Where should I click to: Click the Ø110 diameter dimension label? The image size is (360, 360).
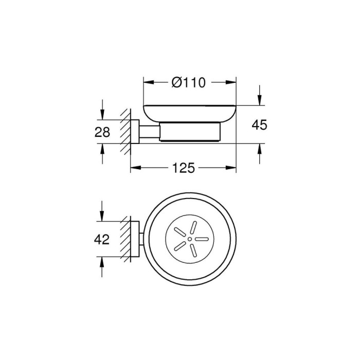coord(189,82)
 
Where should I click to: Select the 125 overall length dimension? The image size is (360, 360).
coord(183,168)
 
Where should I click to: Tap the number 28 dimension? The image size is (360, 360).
coord(103,132)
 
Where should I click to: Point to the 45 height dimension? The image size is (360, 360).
coord(260,125)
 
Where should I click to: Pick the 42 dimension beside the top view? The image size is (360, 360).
coord(103,240)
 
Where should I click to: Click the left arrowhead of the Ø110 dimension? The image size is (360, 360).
coord(146,82)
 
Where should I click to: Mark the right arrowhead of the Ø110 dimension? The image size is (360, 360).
coord(232,82)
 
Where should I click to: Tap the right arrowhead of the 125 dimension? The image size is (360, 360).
coord(232,168)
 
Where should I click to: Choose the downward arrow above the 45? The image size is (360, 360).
coord(260,101)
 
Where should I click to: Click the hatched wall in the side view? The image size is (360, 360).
coord(124,132)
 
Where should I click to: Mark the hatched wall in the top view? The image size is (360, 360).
coord(124,239)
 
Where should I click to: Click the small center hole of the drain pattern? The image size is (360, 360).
coord(190,240)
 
